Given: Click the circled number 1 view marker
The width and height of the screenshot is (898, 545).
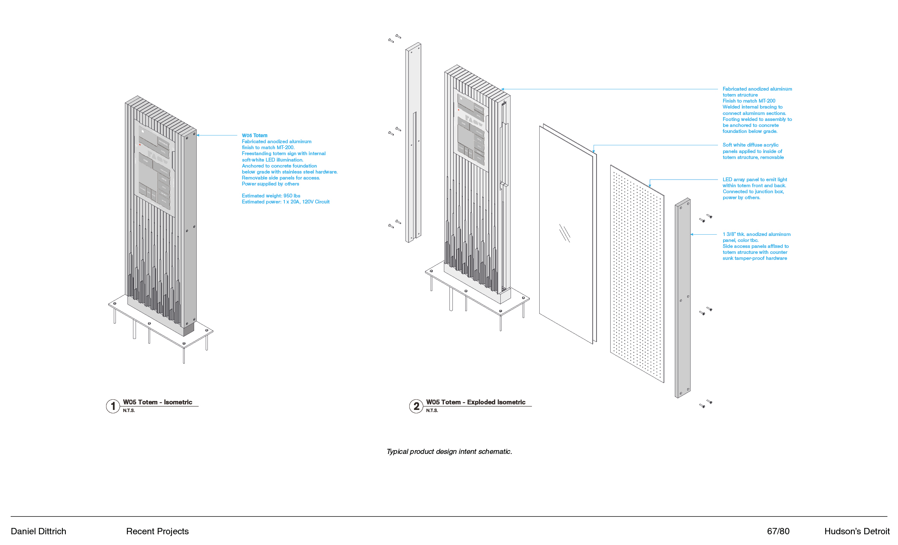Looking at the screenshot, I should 113,406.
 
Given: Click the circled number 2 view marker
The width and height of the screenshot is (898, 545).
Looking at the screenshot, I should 416,406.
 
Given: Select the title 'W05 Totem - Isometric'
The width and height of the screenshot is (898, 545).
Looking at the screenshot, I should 157,402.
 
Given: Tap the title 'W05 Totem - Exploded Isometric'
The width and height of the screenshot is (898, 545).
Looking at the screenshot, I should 476,402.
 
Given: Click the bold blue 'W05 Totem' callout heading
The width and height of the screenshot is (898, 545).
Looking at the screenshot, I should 254,136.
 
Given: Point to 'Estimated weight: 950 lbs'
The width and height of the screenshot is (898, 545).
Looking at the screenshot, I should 271,196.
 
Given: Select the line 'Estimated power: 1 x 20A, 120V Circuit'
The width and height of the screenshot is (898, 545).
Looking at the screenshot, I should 286,202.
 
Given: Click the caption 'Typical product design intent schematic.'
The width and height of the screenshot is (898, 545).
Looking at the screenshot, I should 449,451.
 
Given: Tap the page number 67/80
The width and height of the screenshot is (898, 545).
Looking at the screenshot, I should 778,531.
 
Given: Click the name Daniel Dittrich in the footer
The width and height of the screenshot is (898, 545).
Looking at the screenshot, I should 38,531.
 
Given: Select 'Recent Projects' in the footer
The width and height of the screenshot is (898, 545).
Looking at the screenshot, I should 157,531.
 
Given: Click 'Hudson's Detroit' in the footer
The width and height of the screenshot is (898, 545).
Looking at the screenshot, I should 857,531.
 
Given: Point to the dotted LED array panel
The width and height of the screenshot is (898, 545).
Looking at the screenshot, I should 637,274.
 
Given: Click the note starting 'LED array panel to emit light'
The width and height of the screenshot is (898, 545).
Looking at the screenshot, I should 754,189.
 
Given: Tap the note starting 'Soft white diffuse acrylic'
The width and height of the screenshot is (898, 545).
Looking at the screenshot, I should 753,151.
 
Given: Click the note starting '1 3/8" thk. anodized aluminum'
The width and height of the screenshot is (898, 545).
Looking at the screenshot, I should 756,246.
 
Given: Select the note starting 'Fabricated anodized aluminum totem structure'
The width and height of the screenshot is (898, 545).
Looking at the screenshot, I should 757,110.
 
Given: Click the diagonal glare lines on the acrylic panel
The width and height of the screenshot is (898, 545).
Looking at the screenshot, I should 564,233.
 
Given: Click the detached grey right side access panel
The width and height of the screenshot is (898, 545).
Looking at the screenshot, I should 682,299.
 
